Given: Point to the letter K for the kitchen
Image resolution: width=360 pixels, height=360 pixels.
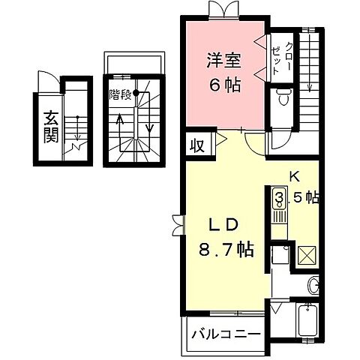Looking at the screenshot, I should point(295,178).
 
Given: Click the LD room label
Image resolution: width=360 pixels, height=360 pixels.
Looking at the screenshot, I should point(222,225).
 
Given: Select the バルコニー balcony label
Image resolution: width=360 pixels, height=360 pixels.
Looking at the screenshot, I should point(223,333).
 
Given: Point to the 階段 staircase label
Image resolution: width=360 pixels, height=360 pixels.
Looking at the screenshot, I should point(120,94).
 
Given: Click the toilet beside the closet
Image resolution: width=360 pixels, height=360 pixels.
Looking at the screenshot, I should point(282,97).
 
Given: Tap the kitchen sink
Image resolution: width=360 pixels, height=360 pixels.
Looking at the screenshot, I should point(279,199).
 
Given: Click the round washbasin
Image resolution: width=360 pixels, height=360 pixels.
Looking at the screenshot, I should point(313,284).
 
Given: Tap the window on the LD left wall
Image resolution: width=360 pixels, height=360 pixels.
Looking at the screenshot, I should point(176,224).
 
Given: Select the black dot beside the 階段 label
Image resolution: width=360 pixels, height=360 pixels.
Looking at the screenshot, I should point(136,94).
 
